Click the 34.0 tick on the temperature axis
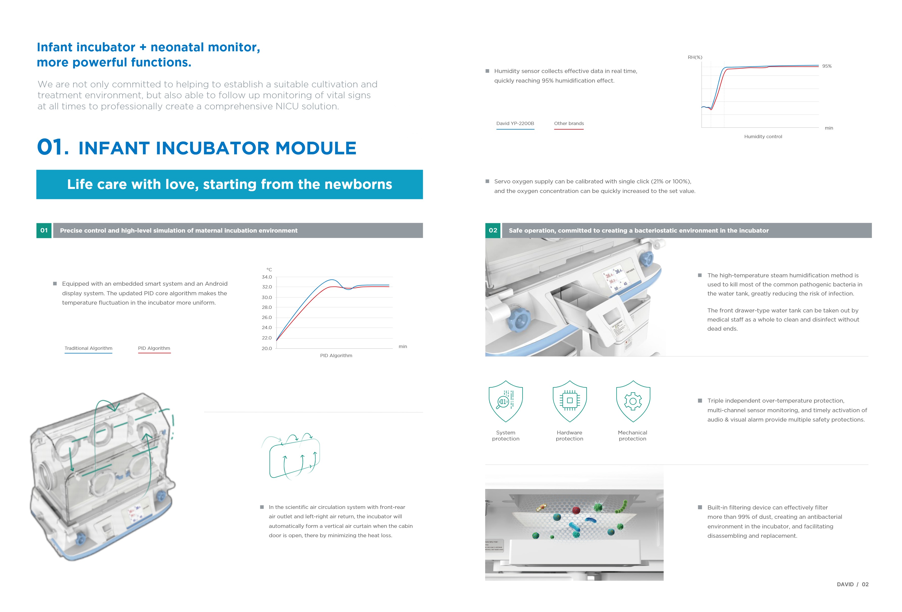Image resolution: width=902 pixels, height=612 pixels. (x=267, y=277)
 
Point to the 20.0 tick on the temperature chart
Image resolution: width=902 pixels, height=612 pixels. (x=267, y=349)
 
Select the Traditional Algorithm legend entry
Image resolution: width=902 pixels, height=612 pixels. (x=88, y=349)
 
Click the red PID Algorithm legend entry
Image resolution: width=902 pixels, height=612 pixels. (x=154, y=349)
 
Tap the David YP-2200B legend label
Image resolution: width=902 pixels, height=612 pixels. (x=515, y=124)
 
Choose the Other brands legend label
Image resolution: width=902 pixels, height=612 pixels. (x=569, y=124)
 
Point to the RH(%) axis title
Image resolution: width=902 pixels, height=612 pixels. (x=695, y=57)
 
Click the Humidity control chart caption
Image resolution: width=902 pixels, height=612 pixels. (x=763, y=137)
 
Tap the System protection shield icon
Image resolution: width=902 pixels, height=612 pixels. (x=505, y=401)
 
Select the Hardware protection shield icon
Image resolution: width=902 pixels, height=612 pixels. (x=569, y=401)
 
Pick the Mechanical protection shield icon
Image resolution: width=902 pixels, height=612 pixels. (x=633, y=401)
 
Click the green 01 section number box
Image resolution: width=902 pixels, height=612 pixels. (x=44, y=231)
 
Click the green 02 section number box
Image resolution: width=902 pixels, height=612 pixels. (x=493, y=231)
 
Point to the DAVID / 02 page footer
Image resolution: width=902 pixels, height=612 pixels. (x=852, y=584)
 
